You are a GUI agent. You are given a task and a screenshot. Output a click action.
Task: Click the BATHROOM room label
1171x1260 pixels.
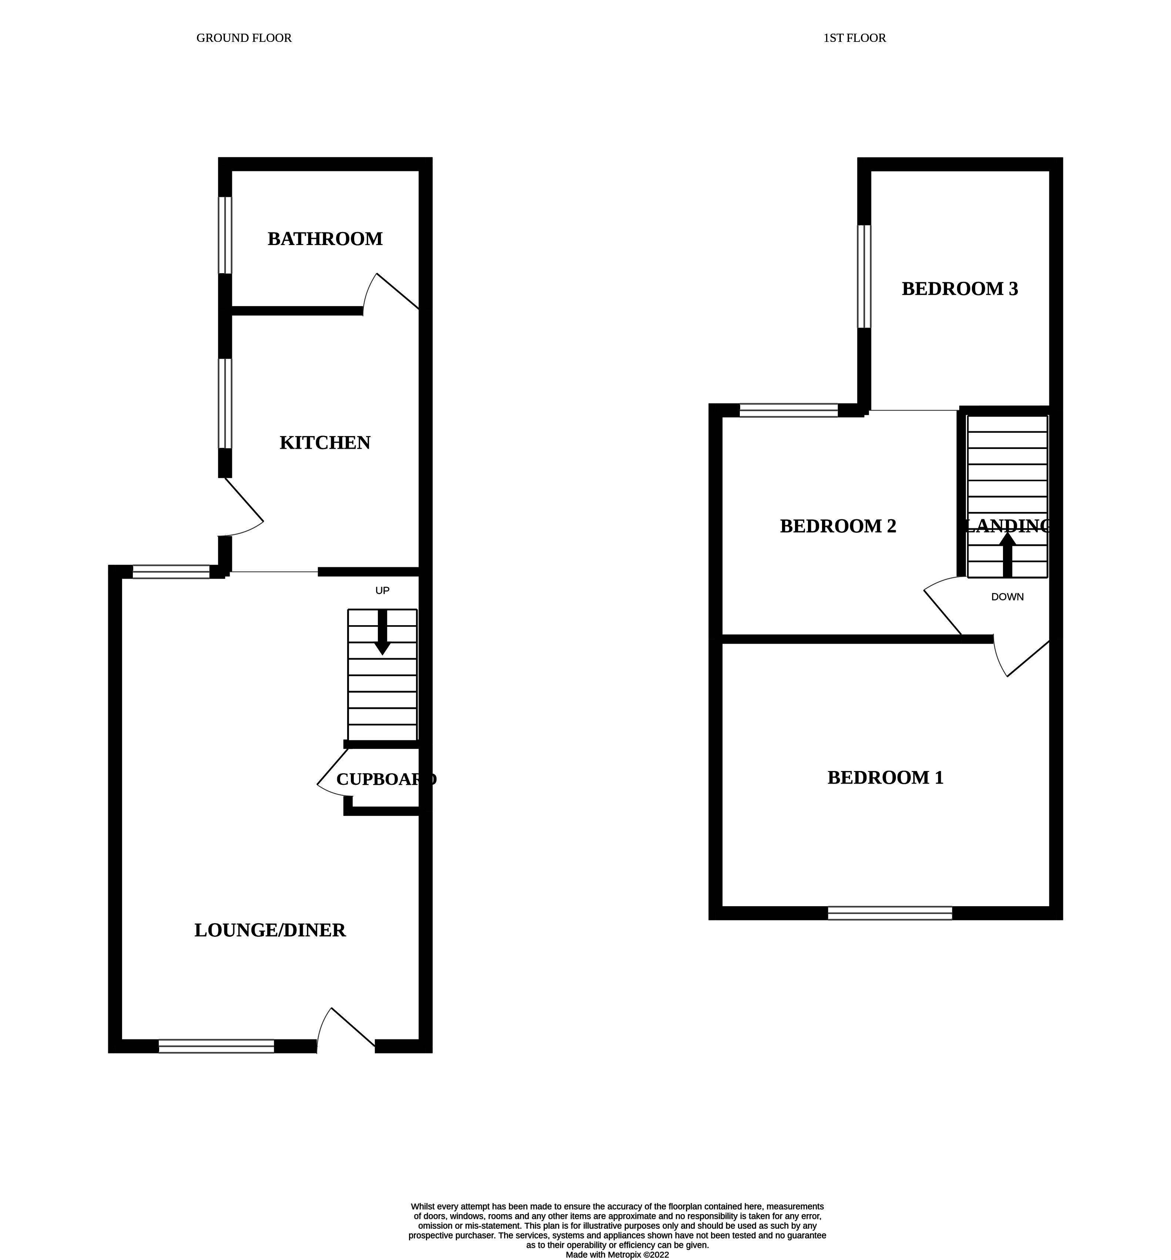[325, 239]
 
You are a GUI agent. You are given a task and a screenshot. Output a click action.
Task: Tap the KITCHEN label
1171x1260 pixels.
[325, 442]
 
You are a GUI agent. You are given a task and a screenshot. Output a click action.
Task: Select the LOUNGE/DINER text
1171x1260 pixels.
[270, 930]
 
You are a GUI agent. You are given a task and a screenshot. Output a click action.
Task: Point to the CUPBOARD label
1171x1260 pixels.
[386, 779]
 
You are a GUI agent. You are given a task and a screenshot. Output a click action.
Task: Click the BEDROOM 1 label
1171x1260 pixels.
[885, 777]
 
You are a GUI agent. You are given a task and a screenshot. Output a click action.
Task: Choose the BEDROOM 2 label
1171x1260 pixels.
[838, 526]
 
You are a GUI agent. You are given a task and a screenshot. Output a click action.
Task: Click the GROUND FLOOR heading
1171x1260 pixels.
[244, 38]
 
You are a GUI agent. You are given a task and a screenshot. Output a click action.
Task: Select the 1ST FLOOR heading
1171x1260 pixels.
[854, 38]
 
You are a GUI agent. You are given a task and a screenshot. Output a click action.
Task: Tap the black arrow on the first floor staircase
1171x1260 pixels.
[1007, 554]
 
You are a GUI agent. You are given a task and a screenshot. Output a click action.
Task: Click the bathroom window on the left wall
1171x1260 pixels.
[225, 235]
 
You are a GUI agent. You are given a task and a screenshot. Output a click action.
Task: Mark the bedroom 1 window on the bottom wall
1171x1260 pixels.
[890, 913]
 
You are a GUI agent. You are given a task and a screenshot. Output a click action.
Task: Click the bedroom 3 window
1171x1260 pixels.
[864, 277]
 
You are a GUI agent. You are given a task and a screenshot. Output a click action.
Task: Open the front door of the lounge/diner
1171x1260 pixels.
[346, 1033]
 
